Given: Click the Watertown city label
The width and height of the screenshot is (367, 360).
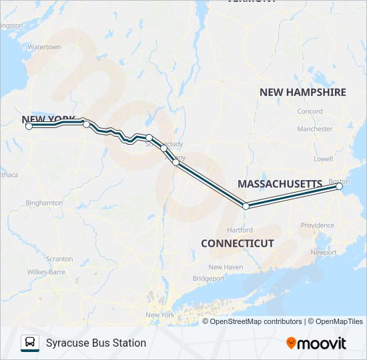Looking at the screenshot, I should tap(44, 47).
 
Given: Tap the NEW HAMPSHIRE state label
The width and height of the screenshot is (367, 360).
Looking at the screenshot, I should tap(302, 92).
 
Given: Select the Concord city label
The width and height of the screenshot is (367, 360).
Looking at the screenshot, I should tap(310, 111).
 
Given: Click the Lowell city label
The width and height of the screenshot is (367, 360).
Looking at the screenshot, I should tap(323, 159).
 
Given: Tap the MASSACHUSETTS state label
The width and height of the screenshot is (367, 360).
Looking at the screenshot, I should tap(280, 183).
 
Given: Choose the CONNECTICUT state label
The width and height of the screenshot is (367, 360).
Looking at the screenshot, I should tap(238, 243).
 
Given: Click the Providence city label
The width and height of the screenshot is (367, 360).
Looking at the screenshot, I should tap(317, 225).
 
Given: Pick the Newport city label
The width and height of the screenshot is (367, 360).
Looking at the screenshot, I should tap(324, 253).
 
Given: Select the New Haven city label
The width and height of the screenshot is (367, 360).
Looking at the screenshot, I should tap(224, 267).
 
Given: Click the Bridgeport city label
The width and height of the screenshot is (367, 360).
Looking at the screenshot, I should tap(209, 278).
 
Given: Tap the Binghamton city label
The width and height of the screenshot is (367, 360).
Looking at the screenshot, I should tap(44, 203).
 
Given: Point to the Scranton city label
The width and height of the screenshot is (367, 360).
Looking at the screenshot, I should tap(59, 259).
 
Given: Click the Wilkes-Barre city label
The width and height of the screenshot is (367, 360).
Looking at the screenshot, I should tap(45, 272).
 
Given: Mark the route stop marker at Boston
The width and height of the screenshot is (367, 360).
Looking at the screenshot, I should tap(340, 187).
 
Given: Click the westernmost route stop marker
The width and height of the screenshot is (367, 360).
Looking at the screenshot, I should tap(29, 125).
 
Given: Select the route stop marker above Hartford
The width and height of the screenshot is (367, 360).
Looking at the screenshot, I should tap(246, 206).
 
